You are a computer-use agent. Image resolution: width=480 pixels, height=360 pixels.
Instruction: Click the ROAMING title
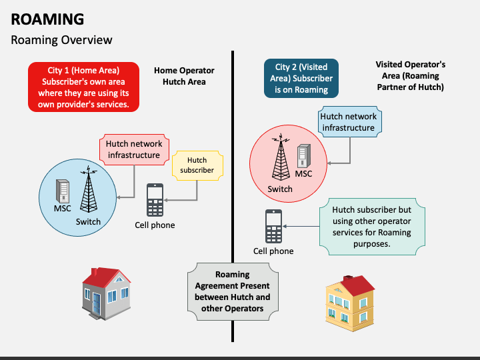[x=47, y=19]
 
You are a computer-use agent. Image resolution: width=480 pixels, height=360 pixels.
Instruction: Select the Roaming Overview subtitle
[x=61, y=40]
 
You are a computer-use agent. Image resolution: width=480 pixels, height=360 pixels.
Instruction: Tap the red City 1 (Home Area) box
[x=83, y=87]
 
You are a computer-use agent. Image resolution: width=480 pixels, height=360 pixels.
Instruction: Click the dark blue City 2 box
[x=301, y=79]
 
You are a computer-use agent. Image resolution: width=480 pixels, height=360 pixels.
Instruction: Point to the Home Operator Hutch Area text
[x=184, y=76]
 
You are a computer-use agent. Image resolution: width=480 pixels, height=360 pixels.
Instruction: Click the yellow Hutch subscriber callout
[x=197, y=165]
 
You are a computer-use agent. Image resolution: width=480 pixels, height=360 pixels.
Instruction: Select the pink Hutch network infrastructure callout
[x=134, y=149]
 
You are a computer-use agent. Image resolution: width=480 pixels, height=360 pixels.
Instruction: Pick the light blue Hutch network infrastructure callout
[x=349, y=121]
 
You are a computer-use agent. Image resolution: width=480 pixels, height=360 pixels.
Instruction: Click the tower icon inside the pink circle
[x=281, y=157]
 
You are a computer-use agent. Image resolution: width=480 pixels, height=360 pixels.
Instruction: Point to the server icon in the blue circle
[x=63, y=191]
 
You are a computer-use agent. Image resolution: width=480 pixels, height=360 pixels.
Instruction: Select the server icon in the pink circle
[x=304, y=156]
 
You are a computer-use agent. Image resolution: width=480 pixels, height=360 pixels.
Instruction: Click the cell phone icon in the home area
[x=155, y=200]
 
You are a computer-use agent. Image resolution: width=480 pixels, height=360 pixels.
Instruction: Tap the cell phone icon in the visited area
[x=273, y=226]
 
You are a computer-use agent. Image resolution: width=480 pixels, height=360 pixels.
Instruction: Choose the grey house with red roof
[x=106, y=294]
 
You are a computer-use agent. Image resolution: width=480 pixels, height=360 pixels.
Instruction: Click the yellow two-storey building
[x=350, y=303]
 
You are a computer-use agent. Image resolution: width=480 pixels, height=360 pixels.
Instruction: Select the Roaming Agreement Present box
[x=233, y=291]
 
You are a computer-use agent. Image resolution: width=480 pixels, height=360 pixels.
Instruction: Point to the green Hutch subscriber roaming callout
[x=372, y=227]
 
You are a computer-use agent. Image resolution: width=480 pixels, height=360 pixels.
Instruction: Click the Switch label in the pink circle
[x=280, y=189]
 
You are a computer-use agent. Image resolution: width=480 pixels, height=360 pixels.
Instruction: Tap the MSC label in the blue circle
[x=62, y=209]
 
